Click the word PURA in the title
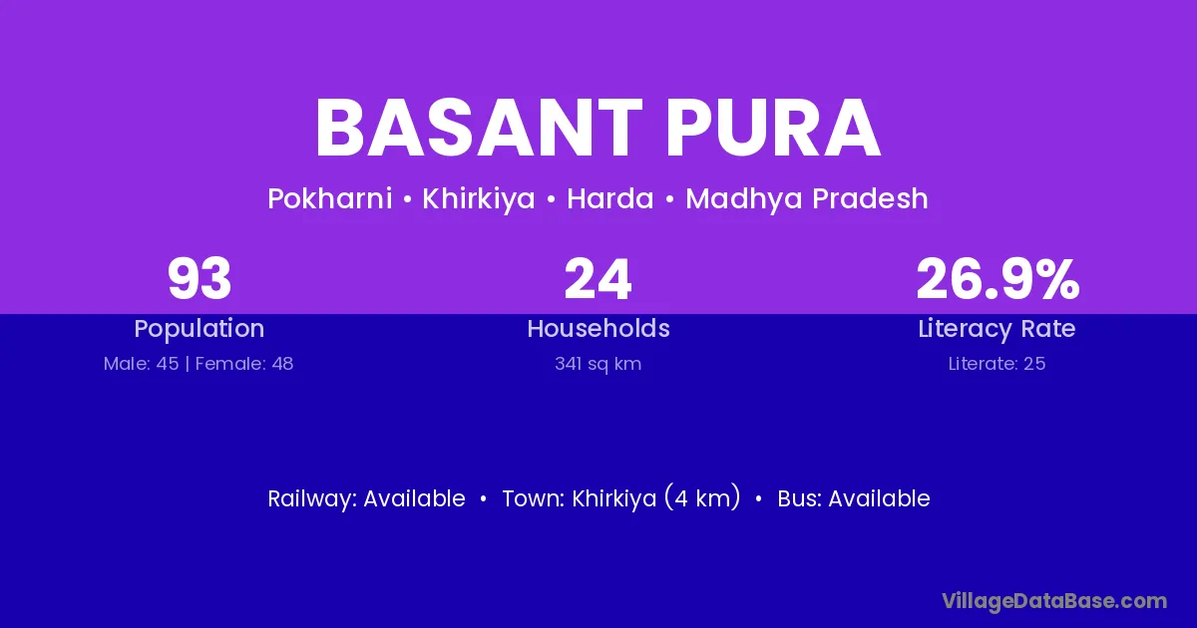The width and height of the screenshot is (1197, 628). point(773,129)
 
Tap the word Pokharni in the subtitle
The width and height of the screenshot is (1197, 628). point(330,198)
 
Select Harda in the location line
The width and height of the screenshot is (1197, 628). point(610,198)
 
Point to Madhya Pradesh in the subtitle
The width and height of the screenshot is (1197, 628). point(807,199)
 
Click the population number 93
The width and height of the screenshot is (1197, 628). point(199,279)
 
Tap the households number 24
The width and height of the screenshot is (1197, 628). point(598,279)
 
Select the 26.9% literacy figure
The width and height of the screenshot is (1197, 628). point(997,279)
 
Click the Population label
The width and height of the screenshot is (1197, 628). point(199,329)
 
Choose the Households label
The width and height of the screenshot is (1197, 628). point(598,328)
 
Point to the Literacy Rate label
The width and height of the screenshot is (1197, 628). point(997,329)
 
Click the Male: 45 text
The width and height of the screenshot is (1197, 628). point(141,364)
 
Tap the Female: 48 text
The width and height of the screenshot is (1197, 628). point(244,364)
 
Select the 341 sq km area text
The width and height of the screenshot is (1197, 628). point(598,364)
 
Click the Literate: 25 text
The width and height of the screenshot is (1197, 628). point(997,364)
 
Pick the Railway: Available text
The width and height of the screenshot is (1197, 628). point(367,498)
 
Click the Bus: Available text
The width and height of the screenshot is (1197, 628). point(854,498)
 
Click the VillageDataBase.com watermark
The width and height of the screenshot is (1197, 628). point(1054,601)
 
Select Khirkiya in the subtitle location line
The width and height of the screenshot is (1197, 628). point(478,199)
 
